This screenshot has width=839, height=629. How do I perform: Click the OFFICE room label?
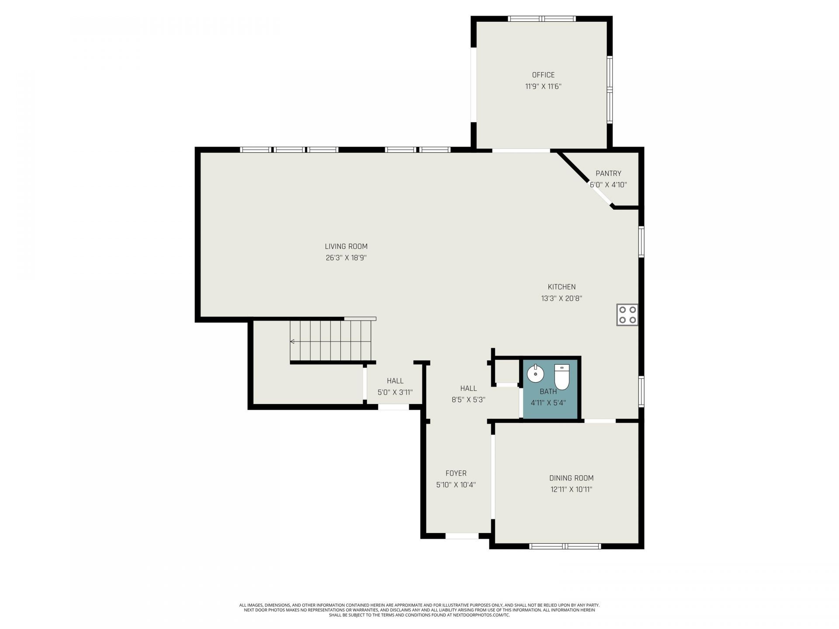pyautogui.click(x=543, y=75)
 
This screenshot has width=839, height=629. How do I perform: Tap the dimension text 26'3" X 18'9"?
pyautogui.click(x=346, y=258)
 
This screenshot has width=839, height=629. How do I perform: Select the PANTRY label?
pyautogui.click(x=608, y=173)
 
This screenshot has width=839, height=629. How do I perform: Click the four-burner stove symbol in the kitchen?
pyautogui.click(x=627, y=314)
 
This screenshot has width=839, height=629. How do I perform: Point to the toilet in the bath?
pyautogui.click(x=562, y=377)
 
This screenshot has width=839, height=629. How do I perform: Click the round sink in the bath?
pyautogui.click(x=535, y=373)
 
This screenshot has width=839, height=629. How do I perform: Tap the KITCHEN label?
pyautogui.click(x=562, y=287)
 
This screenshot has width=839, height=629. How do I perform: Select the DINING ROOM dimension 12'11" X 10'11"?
pyautogui.click(x=571, y=489)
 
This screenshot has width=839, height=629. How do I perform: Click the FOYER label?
pyautogui.click(x=456, y=473)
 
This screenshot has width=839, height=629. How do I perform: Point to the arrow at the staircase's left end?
pyautogui.click(x=292, y=341)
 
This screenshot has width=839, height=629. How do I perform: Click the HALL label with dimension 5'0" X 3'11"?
pyautogui.click(x=395, y=381)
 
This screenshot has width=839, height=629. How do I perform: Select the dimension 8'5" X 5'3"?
pyautogui.click(x=468, y=399)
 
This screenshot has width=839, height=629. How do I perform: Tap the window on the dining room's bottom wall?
pyautogui.click(x=565, y=546)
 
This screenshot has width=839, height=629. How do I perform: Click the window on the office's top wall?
pyautogui.click(x=542, y=19)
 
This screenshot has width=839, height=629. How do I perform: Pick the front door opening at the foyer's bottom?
pyautogui.click(x=462, y=536)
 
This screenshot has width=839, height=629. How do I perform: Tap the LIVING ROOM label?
pyautogui.click(x=346, y=246)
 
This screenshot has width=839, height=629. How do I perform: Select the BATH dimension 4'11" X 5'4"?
pyautogui.click(x=548, y=403)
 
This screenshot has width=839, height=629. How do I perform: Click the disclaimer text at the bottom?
pyautogui.click(x=419, y=610)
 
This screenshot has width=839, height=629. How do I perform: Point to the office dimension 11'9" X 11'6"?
pyautogui.click(x=543, y=86)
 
